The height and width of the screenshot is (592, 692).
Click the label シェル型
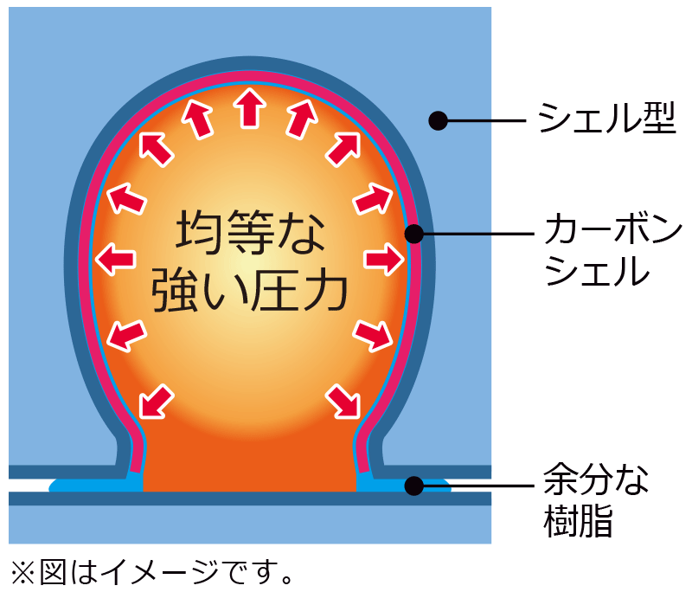605,119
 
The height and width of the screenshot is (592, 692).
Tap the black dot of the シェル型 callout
439,120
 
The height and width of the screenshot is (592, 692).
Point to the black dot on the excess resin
414,486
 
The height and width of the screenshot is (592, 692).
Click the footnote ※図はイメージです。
152,570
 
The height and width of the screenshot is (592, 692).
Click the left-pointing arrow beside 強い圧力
115,258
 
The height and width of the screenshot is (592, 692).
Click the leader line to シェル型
484,120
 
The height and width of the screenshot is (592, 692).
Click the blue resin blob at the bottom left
95,483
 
